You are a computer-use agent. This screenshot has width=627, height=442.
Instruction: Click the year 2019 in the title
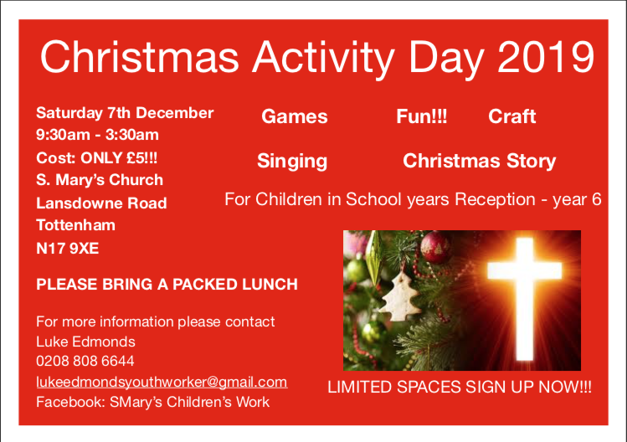point(546,57)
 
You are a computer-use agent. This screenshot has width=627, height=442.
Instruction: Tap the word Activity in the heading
point(323,59)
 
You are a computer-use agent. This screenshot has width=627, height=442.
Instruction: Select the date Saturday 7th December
point(125,113)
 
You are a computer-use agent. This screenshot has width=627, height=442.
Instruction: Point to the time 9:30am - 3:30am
point(97,135)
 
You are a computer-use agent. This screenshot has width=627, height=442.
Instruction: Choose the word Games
point(295,116)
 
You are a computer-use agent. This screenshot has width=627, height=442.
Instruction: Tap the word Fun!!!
point(421,116)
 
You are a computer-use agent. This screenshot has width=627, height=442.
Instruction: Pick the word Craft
point(511,116)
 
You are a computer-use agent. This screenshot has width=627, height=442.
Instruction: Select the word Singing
point(292,162)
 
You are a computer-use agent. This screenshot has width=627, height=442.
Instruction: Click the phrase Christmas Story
point(479,162)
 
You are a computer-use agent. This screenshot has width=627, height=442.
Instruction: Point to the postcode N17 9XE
point(67,249)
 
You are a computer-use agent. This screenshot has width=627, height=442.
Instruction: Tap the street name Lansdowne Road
point(101,203)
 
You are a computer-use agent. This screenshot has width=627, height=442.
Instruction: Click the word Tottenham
point(75,225)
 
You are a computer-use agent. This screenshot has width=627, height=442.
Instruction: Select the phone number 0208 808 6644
point(85,361)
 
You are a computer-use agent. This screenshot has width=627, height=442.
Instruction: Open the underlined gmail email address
point(162,382)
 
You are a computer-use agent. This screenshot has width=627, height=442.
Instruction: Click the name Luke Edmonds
point(85,342)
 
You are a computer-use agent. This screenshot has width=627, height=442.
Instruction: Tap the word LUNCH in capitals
point(270,285)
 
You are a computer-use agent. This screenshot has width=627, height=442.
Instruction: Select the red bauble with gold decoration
point(436,247)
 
